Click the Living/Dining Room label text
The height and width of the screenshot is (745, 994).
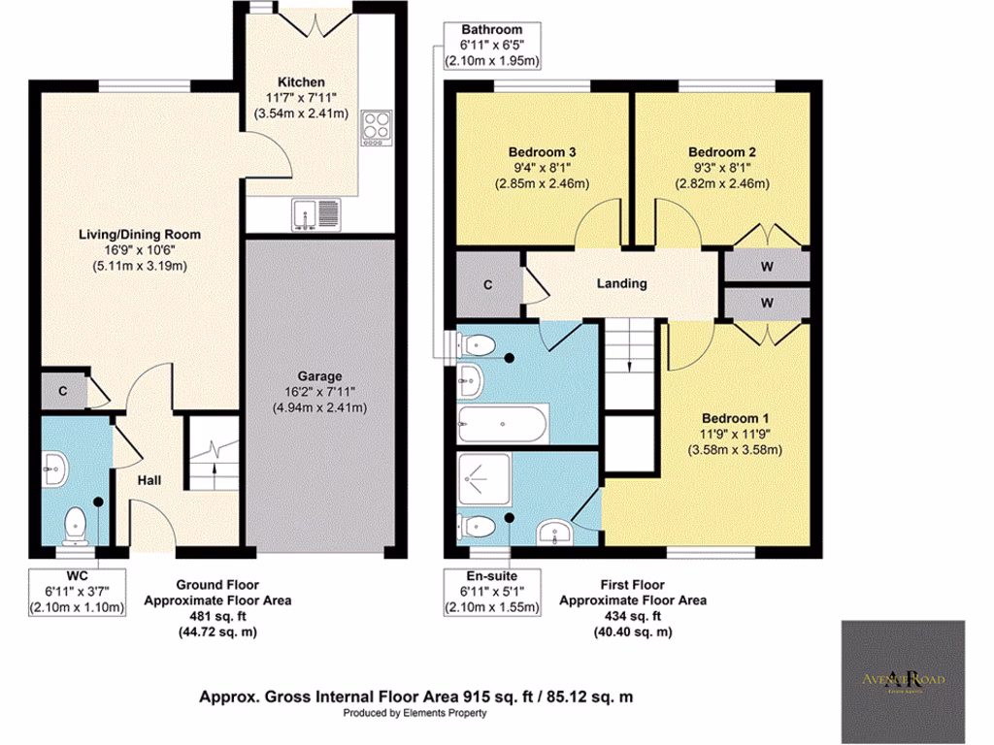click(x=139, y=234)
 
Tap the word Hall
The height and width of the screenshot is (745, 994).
click(x=149, y=481)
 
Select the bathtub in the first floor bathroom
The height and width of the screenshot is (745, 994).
click(x=502, y=423)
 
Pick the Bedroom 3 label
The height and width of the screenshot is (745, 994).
click(x=543, y=152)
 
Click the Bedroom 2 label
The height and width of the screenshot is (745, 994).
click(x=722, y=152)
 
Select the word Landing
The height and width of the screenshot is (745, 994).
click(x=622, y=283)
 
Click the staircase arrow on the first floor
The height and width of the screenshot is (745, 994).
click(x=631, y=364)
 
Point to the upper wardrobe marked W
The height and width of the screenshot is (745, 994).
click(x=767, y=265)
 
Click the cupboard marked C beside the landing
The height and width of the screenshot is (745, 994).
click(x=487, y=284)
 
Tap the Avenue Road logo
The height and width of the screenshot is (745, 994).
click(x=903, y=679)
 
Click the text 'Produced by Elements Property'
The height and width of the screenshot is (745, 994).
click(x=414, y=713)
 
